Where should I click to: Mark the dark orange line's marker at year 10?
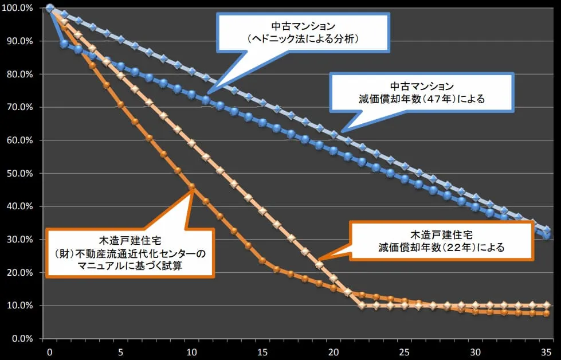click(x=192, y=186)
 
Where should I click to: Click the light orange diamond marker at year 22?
click(x=362, y=305)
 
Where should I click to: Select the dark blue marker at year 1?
click(x=64, y=44)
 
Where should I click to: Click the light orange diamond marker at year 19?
click(x=319, y=265)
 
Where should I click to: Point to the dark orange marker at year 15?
click(x=262, y=260)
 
